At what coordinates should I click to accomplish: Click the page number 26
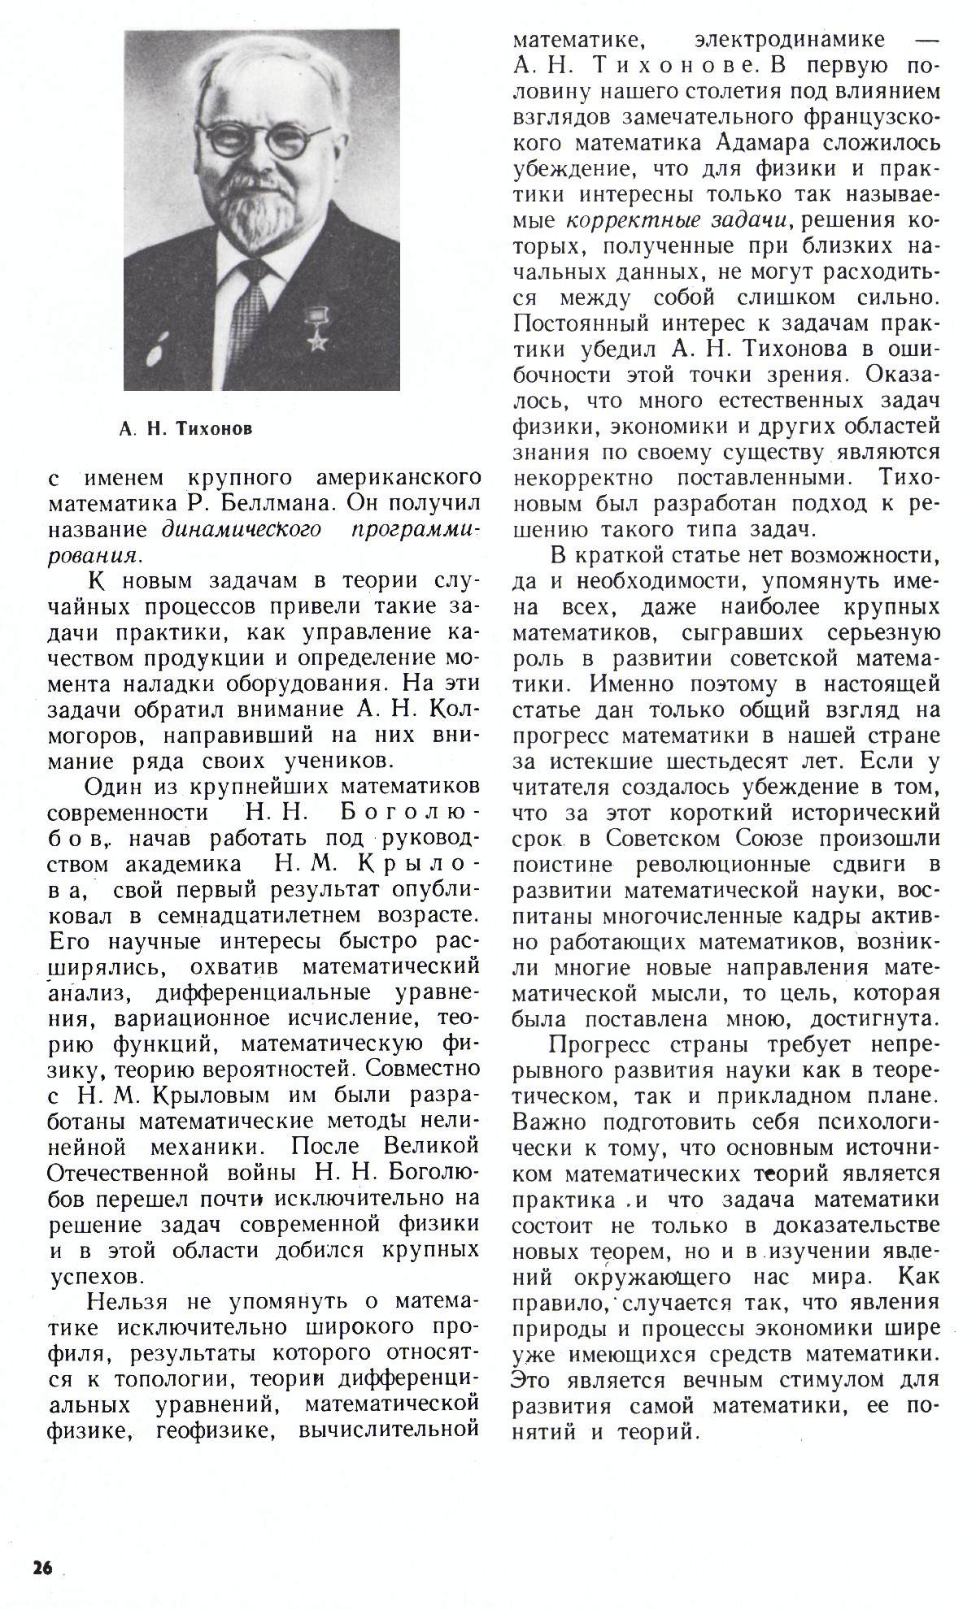coord(41,1569)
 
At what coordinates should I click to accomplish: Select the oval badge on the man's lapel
coord(155,348)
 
